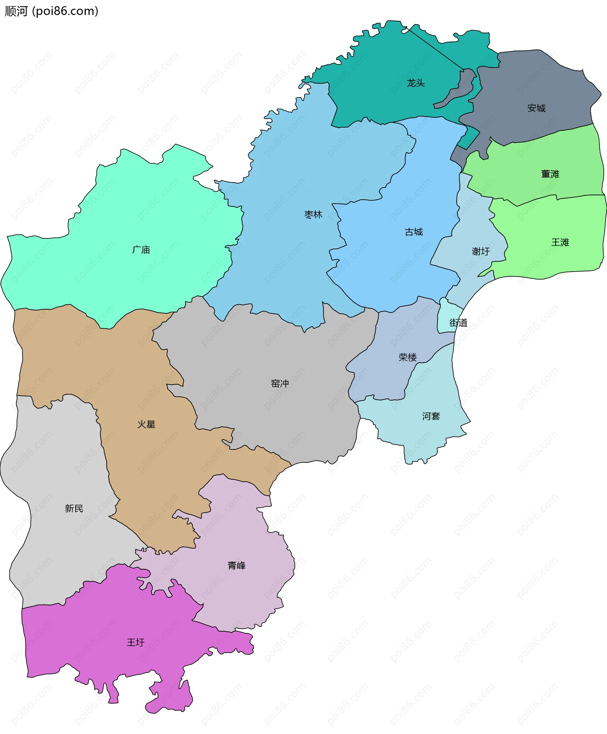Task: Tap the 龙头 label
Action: (x=415, y=83)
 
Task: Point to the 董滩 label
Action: (x=550, y=174)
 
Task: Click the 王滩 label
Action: (x=560, y=243)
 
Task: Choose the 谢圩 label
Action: (x=481, y=251)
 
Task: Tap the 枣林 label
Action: (x=313, y=215)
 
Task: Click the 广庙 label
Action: (x=141, y=250)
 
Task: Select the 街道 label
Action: (x=458, y=323)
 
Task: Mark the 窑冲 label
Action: (x=280, y=384)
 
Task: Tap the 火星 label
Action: (x=146, y=424)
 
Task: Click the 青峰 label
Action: (x=236, y=565)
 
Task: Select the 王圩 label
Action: (x=135, y=642)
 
